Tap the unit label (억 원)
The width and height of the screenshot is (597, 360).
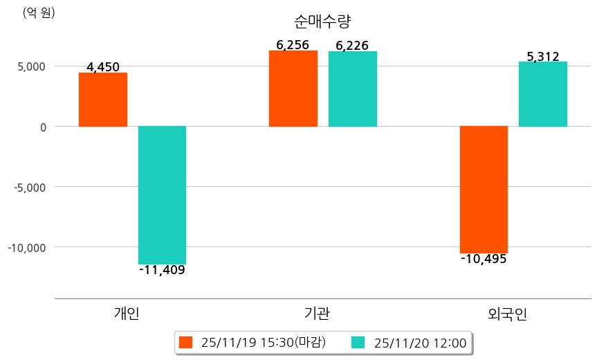pos(39,12)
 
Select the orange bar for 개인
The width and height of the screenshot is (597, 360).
pos(102,100)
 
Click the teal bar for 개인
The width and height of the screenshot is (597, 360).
pos(162,195)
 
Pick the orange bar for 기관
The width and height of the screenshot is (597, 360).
pos(293,89)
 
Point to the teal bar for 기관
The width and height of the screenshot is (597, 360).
pos(352,89)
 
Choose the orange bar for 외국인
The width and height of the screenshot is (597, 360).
pos(484,190)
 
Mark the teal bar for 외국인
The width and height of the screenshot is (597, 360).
pos(542,94)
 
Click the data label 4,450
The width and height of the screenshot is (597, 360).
pos(103,67)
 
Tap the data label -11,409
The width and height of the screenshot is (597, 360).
pos(162,270)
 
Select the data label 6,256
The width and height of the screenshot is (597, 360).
pos(292,45)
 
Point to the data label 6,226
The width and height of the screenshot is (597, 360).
pos(352,46)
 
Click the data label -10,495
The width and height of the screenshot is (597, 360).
pos(484,259)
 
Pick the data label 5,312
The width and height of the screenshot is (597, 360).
pos(542,57)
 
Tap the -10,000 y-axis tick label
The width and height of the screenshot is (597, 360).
pos(28,247)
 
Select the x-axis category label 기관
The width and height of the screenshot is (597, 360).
pos(317,314)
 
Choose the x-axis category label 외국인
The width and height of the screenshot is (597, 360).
pos(507,314)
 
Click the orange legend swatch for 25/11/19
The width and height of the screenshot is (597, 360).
pos(185,342)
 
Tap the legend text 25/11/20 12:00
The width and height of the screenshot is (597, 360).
pos(420,342)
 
